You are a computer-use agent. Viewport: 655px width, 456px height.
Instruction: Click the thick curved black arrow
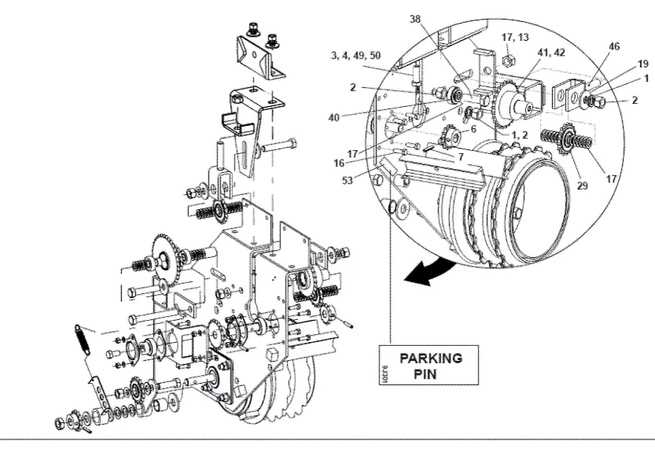(428, 272)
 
